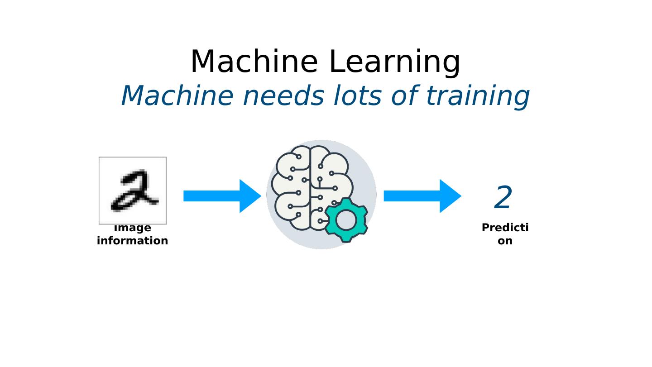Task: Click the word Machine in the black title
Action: (254, 62)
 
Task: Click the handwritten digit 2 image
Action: (133, 191)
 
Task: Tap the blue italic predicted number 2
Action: (503, 198)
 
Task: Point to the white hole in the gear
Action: (346, 220)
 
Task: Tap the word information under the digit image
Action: (133, 241)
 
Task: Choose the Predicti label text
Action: (505, 228)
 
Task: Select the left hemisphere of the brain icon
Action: (292, 188)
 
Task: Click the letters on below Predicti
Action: (505, 241)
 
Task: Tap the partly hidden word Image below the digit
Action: (133, 228)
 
